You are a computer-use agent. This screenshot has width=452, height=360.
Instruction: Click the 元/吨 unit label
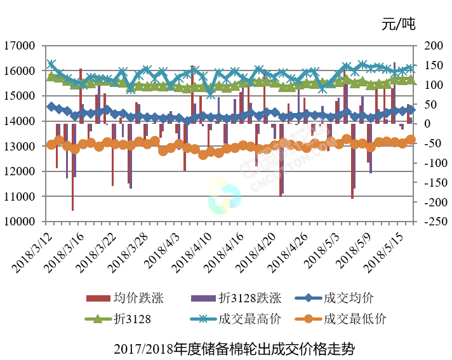[398, 25]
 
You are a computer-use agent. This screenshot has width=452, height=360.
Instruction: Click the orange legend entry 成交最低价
[354, 319]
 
